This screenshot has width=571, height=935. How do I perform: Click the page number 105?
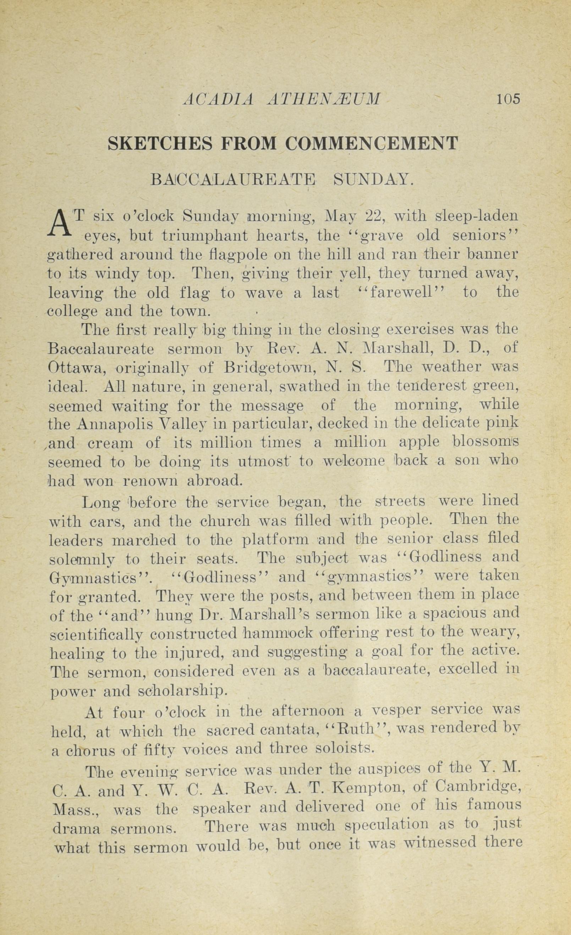point(509,99)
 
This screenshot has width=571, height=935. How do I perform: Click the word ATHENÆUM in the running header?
point(323,99)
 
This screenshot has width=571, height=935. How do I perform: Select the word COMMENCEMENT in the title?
point(372,144)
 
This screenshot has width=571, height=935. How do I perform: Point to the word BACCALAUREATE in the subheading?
point(233,179)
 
